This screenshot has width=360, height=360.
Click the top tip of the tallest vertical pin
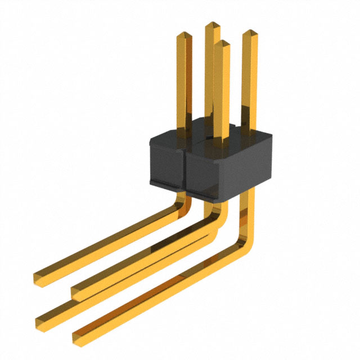(x=212, y=25)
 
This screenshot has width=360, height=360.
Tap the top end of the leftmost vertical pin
(x=184, y=35)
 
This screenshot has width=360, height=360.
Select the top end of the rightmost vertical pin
(x=250, y=33)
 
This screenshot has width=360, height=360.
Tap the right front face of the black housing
(x=225, y=169)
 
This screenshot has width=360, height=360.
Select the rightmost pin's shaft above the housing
(x=249, y=79)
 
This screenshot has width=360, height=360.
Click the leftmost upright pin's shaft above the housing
(x=184, y=79)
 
